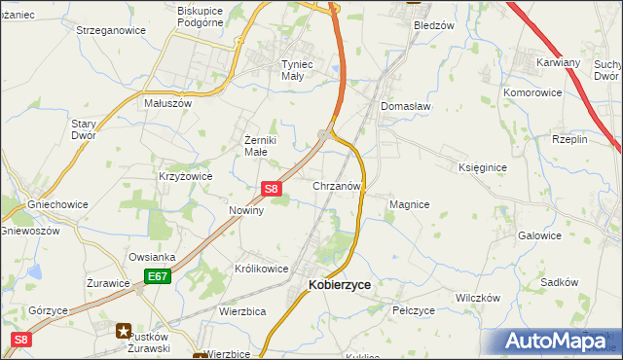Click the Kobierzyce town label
point(339,284)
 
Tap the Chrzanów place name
point(338,185)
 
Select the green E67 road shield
point(159,277)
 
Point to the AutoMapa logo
point(557,342)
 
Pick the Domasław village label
point(406,106)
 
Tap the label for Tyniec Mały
point(279,69)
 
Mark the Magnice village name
point(410,204)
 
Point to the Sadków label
point(560,281)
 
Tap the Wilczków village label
point(477,297)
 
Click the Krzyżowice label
point(185,176)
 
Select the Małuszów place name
point(168,102)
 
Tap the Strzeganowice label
point(111,30)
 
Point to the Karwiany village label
point(559,61)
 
